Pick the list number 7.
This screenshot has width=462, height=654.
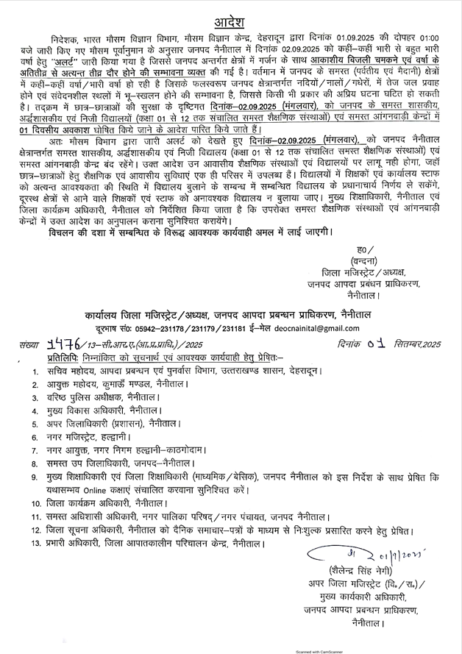(x=35, y=450)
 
